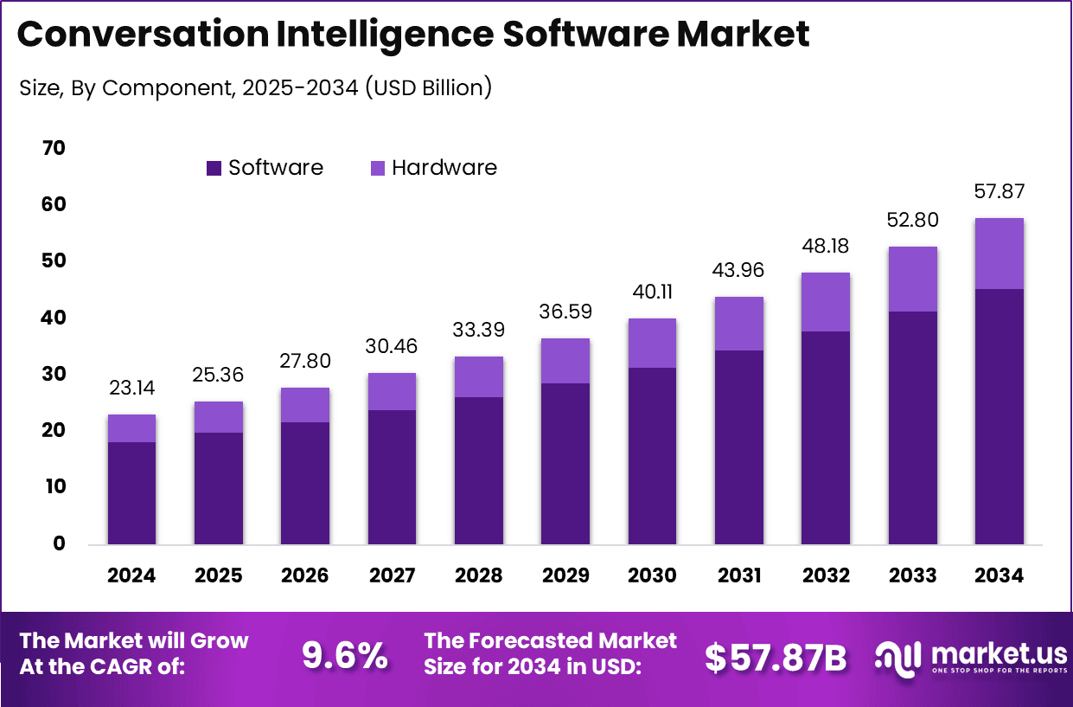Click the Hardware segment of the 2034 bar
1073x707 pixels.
tap(999, 254)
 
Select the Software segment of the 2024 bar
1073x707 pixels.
tap(131, 492)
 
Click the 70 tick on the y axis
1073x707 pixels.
tap(53, 149)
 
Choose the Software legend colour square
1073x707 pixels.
tap(214, 169)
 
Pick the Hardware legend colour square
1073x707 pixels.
tap(378, 169)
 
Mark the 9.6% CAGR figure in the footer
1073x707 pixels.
tap(344, 657)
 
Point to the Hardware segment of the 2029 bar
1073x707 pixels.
tap(565, 361)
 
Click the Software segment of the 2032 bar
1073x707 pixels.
tap(826, 437)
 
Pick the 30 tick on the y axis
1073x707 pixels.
tap(53, 375)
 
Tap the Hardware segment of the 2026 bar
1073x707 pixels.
tap(305, 405)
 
